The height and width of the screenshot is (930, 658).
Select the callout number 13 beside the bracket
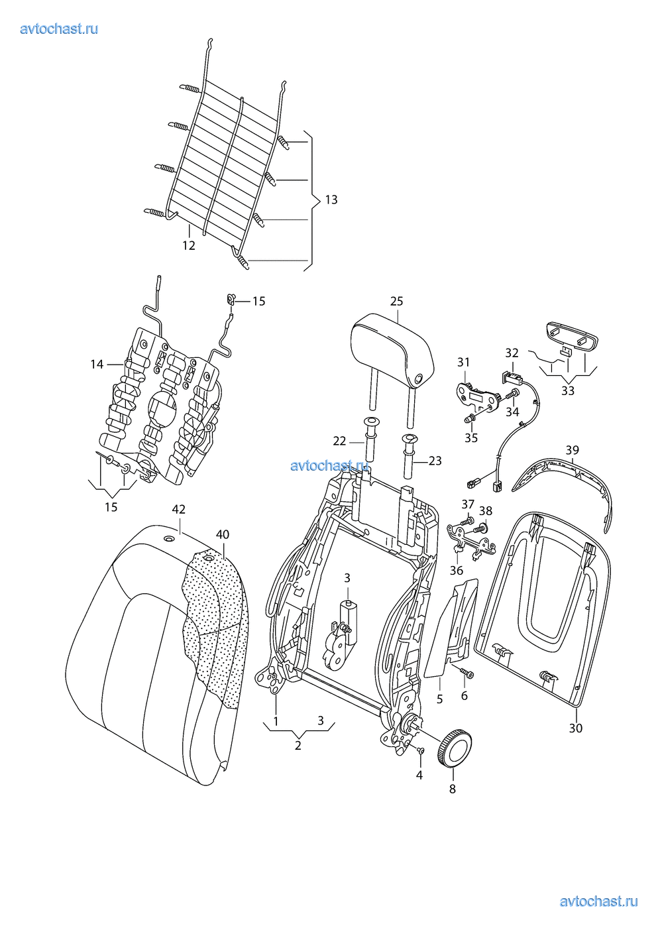pos(330,199)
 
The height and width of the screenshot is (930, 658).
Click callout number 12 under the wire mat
pos(189,245)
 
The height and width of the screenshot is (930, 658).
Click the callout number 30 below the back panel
pos(576,728)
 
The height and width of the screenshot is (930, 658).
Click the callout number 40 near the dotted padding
pos(223,534)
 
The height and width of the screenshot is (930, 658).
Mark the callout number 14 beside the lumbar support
pos(97,364)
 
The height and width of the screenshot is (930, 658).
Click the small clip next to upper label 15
pos(232,300)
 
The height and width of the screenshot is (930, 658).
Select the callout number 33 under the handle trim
pos(568,390)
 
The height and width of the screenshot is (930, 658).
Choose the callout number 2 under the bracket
pos(298,745)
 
